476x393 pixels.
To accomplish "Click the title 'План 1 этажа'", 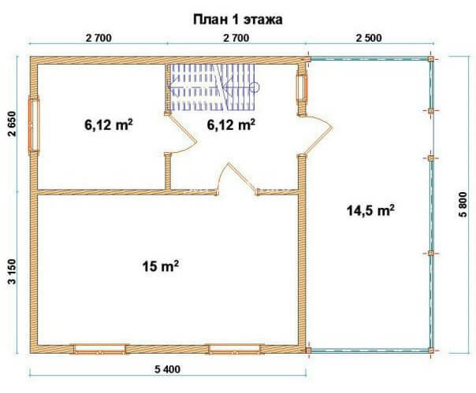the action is (238, 20).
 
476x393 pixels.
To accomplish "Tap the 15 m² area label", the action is (160, 266).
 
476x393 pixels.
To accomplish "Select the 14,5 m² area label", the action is (370, 210).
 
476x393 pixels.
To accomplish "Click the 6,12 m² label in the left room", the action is (109, 124).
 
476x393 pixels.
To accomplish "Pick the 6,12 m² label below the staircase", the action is (231, 124).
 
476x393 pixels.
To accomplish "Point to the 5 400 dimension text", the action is (167, 369).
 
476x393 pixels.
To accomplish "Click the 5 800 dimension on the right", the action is (463, 205).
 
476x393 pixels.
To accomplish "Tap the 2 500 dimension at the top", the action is (369, 39).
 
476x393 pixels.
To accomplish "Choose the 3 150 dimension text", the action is (12, 271).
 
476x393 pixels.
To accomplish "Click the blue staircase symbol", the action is (212, 87).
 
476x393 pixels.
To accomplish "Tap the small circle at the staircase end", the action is (255, 87).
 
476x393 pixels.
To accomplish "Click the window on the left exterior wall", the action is (34, 125).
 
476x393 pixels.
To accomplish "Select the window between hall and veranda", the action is (302, 87).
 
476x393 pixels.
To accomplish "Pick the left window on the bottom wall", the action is (99, 349).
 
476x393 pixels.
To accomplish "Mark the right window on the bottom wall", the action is (234, 349).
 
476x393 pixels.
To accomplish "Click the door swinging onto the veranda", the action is (318, 135).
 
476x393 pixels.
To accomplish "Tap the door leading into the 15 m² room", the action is (237, 179).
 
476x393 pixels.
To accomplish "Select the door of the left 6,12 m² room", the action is (183, 134).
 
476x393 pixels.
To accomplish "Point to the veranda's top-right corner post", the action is (431, 59).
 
